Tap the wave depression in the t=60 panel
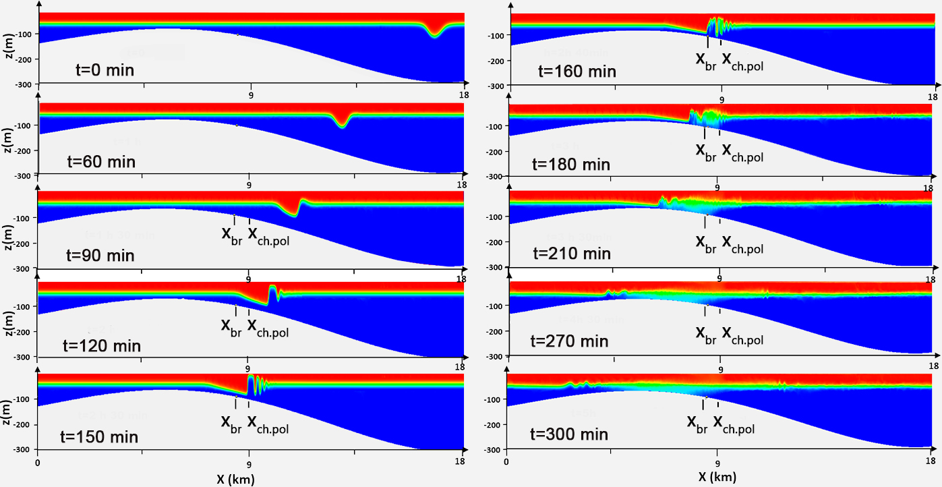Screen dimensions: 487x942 click(x=344, y=123)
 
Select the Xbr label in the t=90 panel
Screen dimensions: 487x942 click(x=233, y=235)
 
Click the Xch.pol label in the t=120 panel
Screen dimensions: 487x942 click(x=268, y=327)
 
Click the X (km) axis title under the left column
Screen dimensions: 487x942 click(x=236, y=480)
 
